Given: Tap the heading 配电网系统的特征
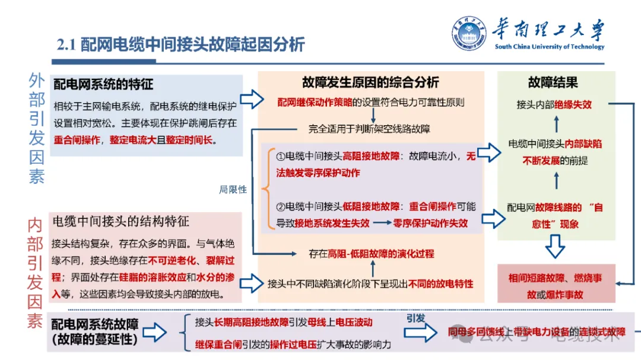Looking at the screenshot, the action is (x=103, y=85).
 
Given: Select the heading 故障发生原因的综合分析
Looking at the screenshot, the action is (x=370, y=82).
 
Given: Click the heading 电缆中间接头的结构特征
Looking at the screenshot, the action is (x=121, y=221).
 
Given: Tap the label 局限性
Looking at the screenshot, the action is (x=233, y=190).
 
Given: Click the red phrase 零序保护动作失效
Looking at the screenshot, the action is (x=430, y=223).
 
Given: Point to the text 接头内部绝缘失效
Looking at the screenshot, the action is (x=554, y=104).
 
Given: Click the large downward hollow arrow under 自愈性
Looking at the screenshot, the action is (x=555, y=247).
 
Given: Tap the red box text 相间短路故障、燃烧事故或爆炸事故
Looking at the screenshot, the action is (x=555, y=285).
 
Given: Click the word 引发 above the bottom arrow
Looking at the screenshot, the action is (x=415, y=318).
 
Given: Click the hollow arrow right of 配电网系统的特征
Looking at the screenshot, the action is (x=252, y=99).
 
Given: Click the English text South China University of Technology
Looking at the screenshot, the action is (x=549, y=47).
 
